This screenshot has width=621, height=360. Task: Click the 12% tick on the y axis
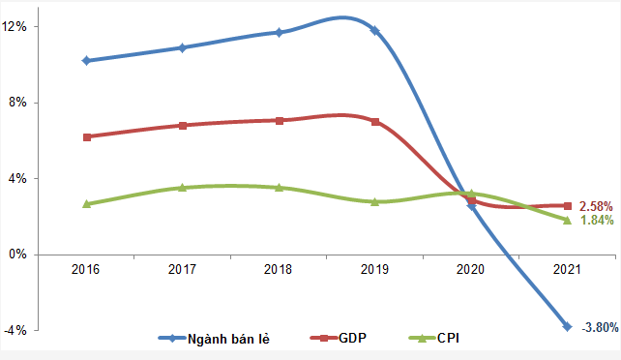coord(15,27)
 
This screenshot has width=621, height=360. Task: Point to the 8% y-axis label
coord(17,103)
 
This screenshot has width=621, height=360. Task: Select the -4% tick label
coord(15,330)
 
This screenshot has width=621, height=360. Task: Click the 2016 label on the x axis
coord(86,270)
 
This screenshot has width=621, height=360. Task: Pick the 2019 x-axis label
coord(374,270)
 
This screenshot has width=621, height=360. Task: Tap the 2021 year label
coord(567,270)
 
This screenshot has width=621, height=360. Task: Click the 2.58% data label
coord(597,206)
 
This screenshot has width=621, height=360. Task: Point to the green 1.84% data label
coord(597,221)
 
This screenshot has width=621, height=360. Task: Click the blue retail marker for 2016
coord(86,60)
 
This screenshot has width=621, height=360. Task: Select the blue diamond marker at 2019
coord(374,30)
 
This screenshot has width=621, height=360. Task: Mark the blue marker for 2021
coord(567,326)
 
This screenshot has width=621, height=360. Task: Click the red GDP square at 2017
coord(182,125)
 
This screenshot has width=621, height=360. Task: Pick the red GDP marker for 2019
coord(374,122)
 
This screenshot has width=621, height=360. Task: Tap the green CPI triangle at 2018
coord(279,187)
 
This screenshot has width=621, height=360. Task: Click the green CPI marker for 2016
coord(86,204)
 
